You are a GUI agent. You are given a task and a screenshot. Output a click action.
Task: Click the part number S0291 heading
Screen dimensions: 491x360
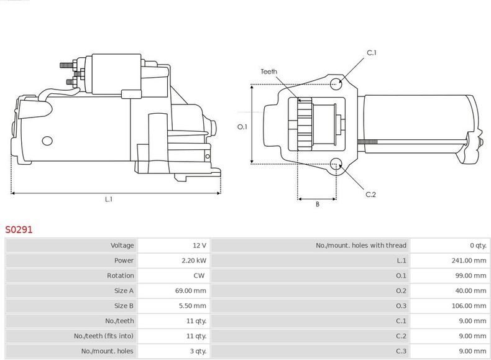(19, 229)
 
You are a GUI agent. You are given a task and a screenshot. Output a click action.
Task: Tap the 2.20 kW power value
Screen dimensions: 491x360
(194, 261)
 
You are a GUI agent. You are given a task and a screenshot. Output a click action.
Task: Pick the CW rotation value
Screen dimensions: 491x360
(199, 275)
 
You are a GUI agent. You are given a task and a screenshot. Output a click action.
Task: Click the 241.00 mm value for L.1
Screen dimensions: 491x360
(469, 261)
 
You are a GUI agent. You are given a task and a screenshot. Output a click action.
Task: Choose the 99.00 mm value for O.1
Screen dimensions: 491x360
(470, 275)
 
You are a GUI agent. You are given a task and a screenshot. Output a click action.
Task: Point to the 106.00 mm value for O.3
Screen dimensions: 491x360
(469, 306)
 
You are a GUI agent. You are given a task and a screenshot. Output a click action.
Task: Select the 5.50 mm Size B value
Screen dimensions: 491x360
(193, 306)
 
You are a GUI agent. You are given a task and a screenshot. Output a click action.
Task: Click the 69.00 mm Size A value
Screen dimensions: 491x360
(191, 291)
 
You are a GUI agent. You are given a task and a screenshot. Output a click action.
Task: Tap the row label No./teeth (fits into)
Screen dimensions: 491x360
(104, 336)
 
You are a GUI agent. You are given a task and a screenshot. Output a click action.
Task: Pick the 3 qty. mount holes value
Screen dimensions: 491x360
(198, 351)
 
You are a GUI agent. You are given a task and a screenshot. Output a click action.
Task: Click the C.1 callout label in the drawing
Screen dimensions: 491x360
(372, 53)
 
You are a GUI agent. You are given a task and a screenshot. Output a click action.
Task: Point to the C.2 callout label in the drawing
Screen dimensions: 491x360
(370, 195)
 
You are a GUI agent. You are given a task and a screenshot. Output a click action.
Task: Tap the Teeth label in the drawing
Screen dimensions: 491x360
(268, 72)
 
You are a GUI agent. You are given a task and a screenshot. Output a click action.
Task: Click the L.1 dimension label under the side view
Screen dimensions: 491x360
(108, 199)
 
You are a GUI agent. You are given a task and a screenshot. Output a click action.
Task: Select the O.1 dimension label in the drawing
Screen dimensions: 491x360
(242, 127)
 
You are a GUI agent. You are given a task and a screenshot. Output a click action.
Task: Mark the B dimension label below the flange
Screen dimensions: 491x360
(318, 205)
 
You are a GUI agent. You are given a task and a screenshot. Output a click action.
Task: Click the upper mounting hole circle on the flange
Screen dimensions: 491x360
(336, 84)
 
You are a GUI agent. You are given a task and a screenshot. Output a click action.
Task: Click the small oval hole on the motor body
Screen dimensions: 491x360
(47, 141)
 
